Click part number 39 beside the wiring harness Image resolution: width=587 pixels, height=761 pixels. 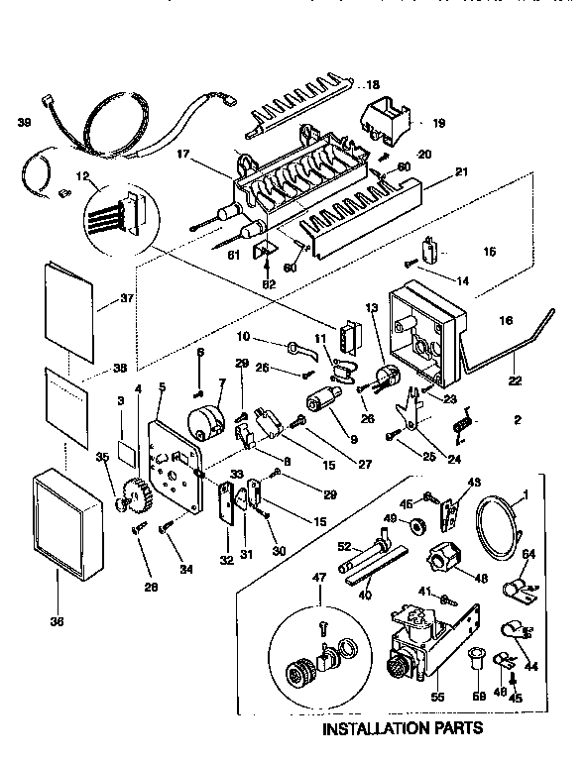tap(24, 122)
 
